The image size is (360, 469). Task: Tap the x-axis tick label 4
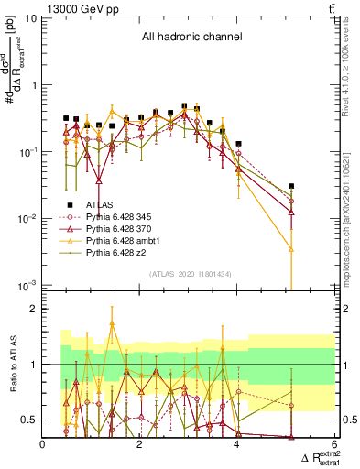237,445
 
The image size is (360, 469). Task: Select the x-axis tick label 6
334,445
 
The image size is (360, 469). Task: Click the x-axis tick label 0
43,445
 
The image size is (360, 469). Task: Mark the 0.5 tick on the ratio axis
30,420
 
